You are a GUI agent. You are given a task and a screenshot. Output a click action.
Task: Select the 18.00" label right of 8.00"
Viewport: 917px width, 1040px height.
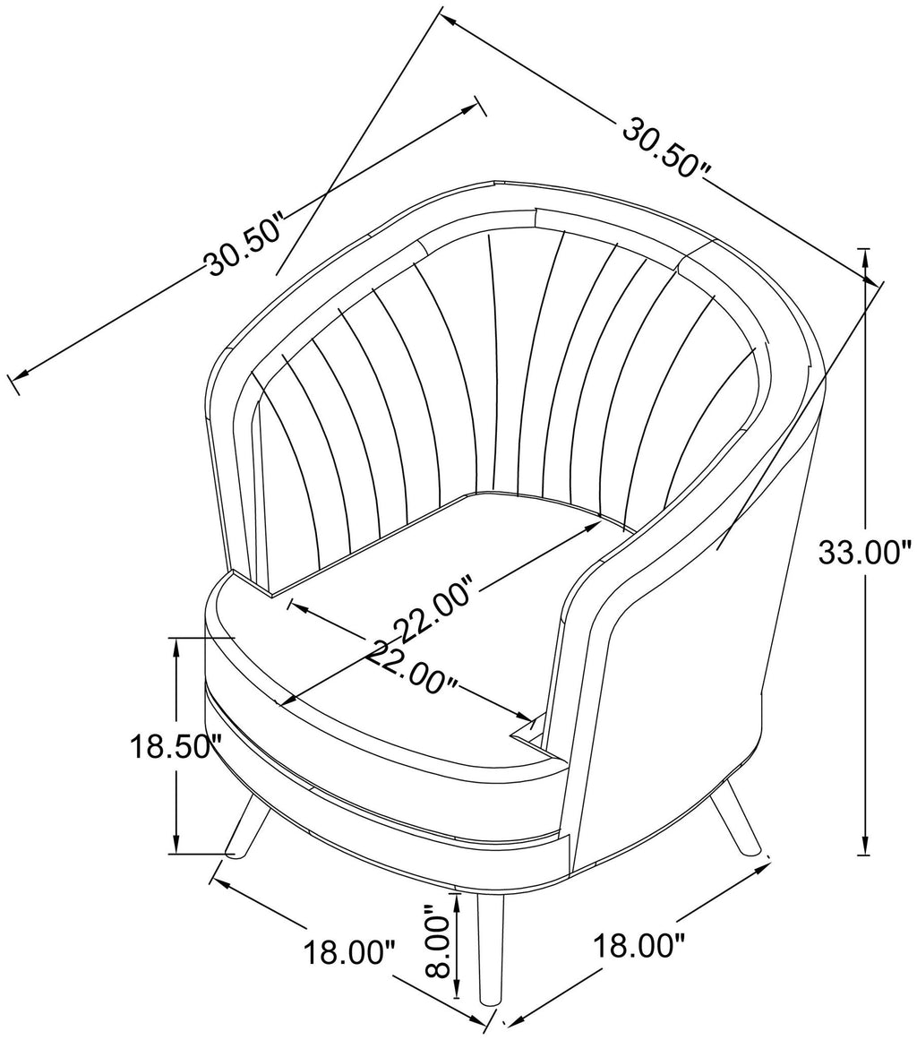point(638,945)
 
